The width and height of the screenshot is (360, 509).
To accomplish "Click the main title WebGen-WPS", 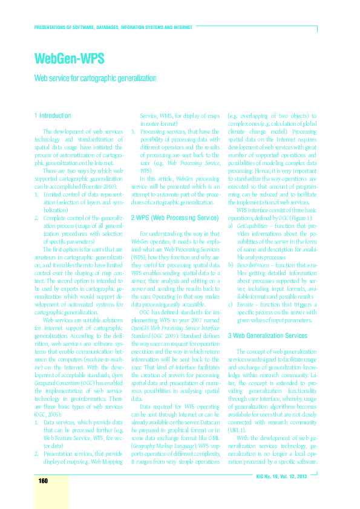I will pyautogui.click(x=70, y=59).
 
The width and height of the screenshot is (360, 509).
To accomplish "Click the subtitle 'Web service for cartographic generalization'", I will pyautogui.click(x=96, y=79).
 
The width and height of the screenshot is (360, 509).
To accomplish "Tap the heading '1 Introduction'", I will pyautogui.click(x=53, y=115).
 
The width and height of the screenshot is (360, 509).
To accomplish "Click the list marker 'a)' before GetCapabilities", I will pyautogui.click(x=231, y=225).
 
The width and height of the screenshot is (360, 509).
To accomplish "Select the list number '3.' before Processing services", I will pyautogui.click(x=134, y=131).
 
